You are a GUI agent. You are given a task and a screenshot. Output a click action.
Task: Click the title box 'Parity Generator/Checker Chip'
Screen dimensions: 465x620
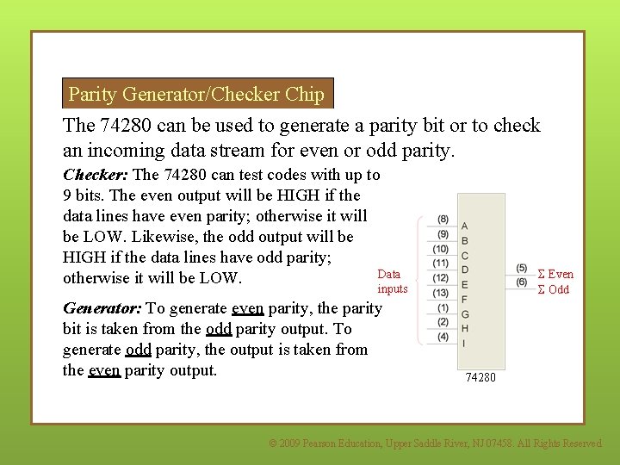click(x=197, y=93)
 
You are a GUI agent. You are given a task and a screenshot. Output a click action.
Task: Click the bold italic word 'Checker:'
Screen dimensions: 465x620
click(x=96, y=174)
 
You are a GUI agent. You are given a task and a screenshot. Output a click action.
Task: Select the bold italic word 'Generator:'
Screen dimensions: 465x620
click(x=102, y=308)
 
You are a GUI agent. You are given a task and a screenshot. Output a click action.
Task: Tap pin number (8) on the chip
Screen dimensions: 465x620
click(x=443, y=219)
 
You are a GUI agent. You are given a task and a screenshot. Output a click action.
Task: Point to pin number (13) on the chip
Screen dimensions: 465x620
click(x=441, y=293)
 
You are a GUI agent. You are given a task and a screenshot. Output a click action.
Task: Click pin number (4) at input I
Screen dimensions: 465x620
click(x=443, y=337)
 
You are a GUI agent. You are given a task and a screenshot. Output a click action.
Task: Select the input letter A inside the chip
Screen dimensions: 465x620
click(x=465, y=226)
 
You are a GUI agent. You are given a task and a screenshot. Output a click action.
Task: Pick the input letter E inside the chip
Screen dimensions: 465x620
click(x=465, y=284)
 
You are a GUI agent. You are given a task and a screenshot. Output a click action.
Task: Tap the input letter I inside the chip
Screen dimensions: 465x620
click(x=465, y=343)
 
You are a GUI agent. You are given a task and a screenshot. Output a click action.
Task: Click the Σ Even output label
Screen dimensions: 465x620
click(x=555, y=275)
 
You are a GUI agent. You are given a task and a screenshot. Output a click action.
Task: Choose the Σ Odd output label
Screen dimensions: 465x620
click(x=553, y=289)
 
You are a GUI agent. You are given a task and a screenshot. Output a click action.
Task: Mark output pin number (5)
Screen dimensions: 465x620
click(x=522, y=268)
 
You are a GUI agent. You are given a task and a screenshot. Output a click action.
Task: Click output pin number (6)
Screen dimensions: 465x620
click(x=522, y=282)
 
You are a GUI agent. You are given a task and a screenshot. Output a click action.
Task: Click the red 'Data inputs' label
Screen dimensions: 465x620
click(x=392, y=282)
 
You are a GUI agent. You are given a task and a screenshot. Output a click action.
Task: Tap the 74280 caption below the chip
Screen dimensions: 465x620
click(x=481, y=377)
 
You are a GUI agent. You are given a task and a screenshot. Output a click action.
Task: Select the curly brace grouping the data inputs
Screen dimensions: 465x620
click(x=419, y=278)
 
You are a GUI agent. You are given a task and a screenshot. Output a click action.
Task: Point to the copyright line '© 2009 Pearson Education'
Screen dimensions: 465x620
click(x=435, y=443)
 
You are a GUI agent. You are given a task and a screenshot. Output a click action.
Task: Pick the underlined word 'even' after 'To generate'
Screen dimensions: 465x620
click(x=248, y=308)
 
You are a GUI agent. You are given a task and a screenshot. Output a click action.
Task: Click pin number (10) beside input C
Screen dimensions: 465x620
click(x=441, y=249)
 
